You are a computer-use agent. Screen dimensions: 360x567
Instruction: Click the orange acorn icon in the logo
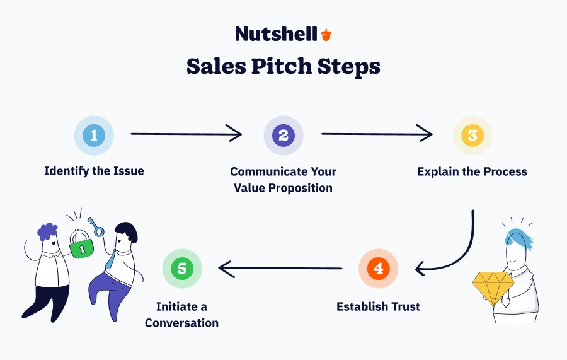click(326, 34)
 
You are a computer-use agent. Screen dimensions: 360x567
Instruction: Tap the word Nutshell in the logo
click(276, 34)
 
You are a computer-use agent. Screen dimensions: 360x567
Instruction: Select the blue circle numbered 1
click(94, 136)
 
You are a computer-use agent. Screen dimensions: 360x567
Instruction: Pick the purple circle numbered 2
click(283, 136)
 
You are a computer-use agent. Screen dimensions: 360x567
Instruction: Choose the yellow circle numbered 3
click(472, 136)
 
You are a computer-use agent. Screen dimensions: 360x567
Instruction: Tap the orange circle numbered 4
click(378, 269)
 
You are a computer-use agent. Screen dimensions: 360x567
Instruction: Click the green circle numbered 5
click(182, 269)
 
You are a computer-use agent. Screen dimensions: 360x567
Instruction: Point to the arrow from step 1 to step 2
click(186, 134)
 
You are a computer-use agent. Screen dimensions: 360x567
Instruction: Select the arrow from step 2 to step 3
click(377, 134)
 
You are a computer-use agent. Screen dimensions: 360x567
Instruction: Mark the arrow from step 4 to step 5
click(280, 269)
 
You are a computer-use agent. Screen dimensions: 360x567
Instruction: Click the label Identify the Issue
click(94, 171)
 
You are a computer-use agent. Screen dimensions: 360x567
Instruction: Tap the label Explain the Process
click(472, 171)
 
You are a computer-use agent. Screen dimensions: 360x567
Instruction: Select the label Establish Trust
click(378, 307)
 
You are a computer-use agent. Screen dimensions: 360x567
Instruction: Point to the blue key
click(96, 227)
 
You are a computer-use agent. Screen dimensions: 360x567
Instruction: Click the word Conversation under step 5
click(181, 323)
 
